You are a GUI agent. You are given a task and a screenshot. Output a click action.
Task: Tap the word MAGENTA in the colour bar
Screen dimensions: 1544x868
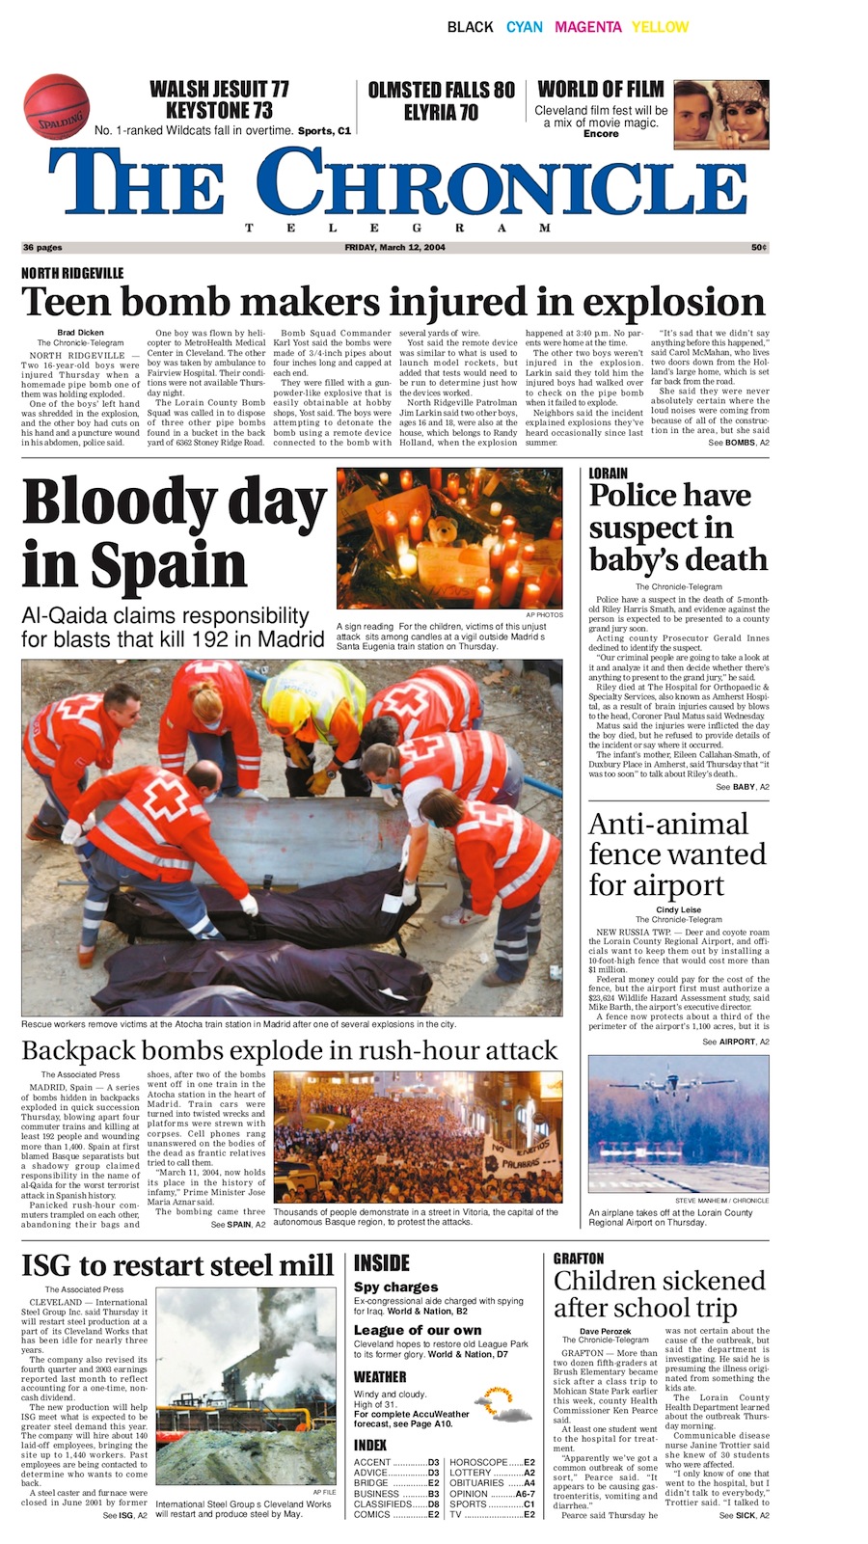[587, 27]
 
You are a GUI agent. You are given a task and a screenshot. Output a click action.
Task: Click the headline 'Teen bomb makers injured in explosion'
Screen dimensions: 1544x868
[393, 302]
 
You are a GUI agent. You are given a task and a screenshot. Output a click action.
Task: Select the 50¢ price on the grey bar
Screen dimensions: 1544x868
[759, 248]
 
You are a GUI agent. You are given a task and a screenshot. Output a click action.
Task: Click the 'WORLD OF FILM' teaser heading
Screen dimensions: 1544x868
[600, 90]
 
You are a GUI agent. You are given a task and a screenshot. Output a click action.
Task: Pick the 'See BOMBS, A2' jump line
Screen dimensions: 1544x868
[739, 443]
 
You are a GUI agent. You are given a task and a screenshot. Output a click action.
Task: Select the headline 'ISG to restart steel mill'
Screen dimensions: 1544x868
[177, 1264]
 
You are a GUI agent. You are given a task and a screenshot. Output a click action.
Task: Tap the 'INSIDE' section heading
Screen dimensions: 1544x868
[382, 1262]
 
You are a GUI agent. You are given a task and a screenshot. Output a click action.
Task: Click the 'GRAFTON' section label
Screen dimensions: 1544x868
[579, 1259]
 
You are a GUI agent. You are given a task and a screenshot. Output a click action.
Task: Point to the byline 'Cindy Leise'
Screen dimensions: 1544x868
[678, 909]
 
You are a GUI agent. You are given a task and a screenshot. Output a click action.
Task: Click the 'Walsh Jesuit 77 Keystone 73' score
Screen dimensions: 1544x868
[219, 99]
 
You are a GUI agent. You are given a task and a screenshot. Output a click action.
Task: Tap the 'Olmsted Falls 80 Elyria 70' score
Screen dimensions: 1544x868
[442, 100]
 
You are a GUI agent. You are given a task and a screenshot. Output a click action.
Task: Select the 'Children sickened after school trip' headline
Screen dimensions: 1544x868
[659, 1294]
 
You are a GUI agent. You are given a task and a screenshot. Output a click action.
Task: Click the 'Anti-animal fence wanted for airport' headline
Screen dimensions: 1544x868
[677, 854]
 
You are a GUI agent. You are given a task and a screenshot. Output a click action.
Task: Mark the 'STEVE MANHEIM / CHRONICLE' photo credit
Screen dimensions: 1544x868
[721, 1201]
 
